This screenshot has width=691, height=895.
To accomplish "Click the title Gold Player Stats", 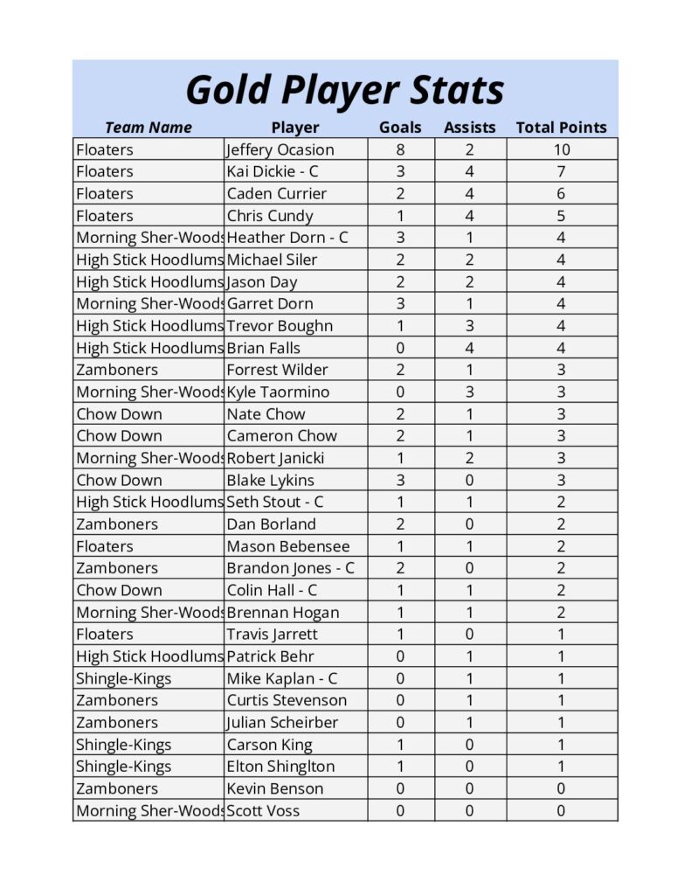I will pos(345,90).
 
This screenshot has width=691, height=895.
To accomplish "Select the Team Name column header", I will pos(148,128).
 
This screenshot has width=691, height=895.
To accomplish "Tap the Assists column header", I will pos(469,128).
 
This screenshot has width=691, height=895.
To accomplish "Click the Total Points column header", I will pos(561,128).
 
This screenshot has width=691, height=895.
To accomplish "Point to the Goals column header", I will pos(400,128).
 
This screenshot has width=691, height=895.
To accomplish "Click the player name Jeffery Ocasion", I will pos(280,149).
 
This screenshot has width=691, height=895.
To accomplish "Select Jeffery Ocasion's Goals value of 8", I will pos(400,149).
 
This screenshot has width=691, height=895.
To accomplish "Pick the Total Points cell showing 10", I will pos(561,149).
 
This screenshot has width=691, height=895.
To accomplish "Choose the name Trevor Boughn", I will pos(280,326).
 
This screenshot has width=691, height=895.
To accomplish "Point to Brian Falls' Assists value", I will pos(469,348).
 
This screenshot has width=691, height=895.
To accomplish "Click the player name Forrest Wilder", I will pos(277,370).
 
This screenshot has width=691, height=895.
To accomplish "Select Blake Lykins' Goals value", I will pos(400,480).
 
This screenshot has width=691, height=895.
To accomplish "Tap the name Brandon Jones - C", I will pos(290,568).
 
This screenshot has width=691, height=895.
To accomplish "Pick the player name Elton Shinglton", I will pos(280,767).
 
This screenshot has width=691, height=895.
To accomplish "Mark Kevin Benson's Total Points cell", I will pos(561,788).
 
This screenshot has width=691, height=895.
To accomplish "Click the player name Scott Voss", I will pos(263,810).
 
